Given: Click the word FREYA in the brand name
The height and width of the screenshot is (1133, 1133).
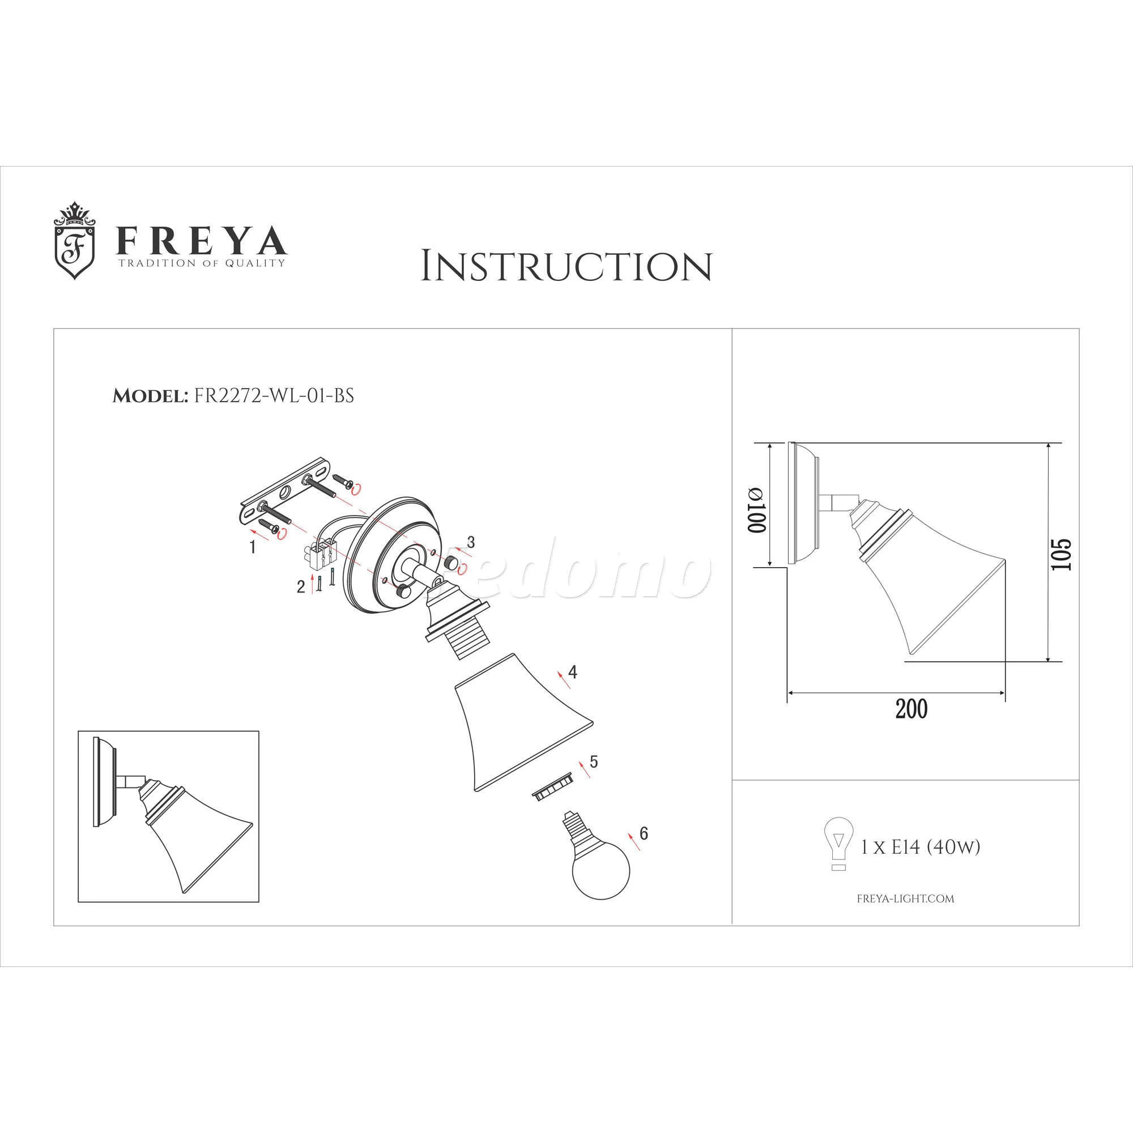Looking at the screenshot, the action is click(202, 240).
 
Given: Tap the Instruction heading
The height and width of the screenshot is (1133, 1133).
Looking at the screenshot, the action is click(566, 266).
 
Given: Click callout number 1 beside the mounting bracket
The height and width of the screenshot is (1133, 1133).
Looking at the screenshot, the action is click(253, 547).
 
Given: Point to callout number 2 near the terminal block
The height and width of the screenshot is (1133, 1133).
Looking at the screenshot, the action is click(301, 586).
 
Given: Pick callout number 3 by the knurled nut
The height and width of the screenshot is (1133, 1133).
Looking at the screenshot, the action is click(470, 543).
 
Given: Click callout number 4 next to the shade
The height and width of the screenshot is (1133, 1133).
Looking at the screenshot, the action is click(572, 672).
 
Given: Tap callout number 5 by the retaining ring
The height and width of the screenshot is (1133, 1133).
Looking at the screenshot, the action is click(594, 762).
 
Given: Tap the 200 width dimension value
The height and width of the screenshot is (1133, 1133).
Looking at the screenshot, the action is click(912, 710).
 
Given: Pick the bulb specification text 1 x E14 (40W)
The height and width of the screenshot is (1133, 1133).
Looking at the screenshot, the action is click(920, 847).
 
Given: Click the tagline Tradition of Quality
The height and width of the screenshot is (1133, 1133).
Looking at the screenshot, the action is click(202, 263).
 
